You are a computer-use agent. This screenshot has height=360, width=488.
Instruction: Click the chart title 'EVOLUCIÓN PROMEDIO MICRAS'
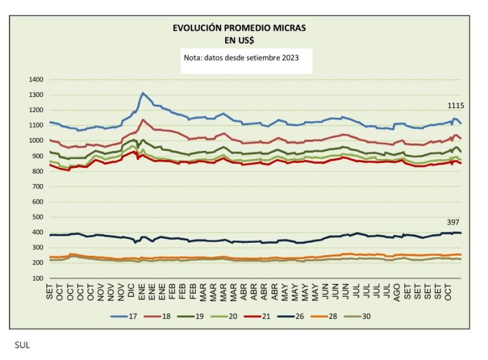coord(238,29)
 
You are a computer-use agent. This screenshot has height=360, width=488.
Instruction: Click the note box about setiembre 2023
coord(241,58)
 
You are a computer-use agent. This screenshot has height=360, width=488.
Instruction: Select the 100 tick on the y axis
coord(37,278)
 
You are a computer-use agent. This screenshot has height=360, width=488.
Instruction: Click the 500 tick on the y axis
coord(37,217)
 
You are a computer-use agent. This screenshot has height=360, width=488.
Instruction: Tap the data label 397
coord(454,222)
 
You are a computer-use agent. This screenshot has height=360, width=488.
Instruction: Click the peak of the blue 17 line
coord(143,93)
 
